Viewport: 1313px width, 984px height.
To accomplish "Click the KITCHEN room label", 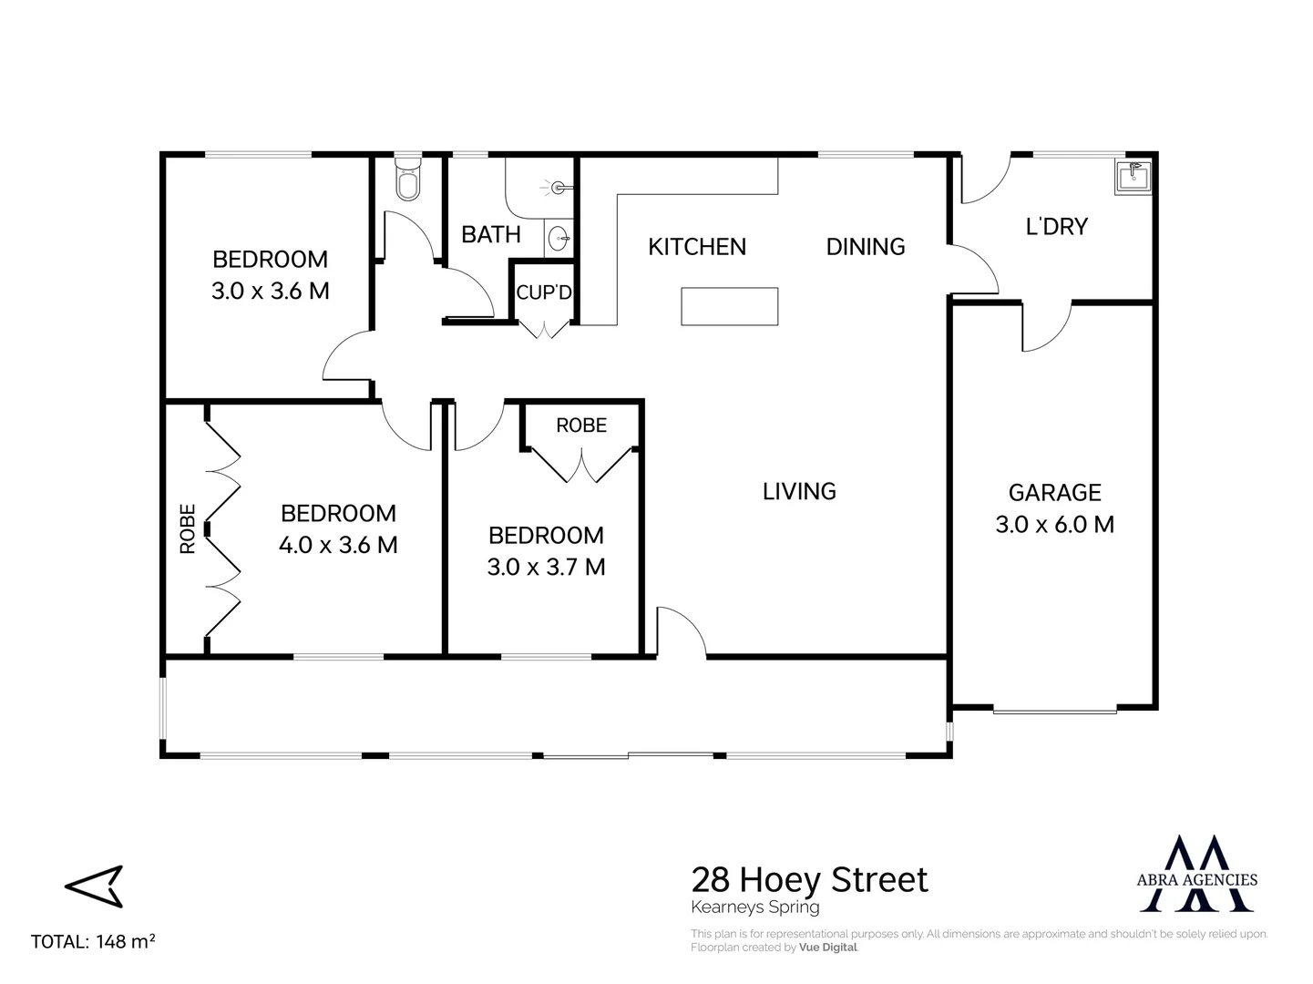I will click(x=697, y=247).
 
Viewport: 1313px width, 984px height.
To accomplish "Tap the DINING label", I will click(x=866, y=247).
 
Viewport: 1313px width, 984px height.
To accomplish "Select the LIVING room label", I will click(x=799, y=492).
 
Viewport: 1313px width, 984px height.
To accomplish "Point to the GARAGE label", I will click(x=1054, y=493).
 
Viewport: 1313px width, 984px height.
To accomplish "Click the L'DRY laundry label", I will click(x=1056, y=226).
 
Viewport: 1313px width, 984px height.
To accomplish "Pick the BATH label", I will click(x=491, y=235).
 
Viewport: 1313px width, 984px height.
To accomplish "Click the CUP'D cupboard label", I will click(x=544, y=293).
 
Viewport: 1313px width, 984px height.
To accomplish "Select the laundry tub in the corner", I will click(x=1133, y=176).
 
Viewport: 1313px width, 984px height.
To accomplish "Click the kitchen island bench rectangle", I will click(x=730, y=306).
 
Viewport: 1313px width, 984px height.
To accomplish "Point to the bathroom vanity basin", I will click(x=560, y=240).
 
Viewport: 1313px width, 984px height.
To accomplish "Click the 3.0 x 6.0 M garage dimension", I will click(x=1054, y=525).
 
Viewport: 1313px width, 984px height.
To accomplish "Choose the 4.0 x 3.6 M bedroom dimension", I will click(x=338, y=545).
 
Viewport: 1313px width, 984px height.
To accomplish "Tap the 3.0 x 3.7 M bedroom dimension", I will click(x=546, y=568).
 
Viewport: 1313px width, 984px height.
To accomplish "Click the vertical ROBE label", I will click(x=188, y=529).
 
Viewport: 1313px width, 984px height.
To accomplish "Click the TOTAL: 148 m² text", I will click(x=93, y=941).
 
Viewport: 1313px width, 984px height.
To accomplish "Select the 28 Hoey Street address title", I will click(x=809, y=880).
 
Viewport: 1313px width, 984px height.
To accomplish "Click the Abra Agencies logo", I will click(x=1198, y=874).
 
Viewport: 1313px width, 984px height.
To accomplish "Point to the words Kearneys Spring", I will click(x=755, y=907).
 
